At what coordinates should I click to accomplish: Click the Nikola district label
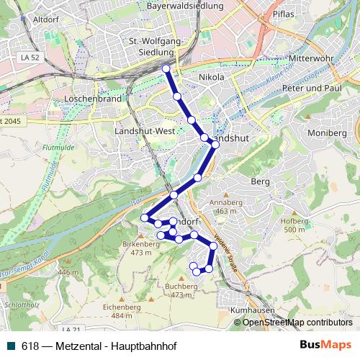tap(211, 77)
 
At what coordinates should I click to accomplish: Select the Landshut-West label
tap(144, 131)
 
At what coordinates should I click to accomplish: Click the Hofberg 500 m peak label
tap(294, 225)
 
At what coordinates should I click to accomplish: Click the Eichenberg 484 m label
tap(117, 311)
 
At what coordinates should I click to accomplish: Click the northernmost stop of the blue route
tap(166, 68)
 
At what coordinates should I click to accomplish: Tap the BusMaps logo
tap(325, 345)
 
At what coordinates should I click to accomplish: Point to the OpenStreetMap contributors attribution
tap(297, 322)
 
